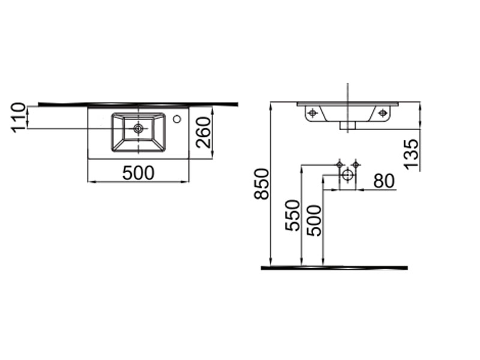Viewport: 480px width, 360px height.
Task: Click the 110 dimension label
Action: click(x=17, y=118)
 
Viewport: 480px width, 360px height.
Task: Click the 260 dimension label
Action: click(x=203, y=133)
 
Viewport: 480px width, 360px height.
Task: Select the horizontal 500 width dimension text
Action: click(x=139, y=173)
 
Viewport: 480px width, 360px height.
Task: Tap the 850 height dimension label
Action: click(x=262, y=184)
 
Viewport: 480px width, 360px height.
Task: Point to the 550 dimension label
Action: click(x=292, y=215)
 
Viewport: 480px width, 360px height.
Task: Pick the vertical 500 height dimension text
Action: click(x=314, y=220)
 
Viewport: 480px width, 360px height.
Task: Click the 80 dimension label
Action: click(x=384, y=181)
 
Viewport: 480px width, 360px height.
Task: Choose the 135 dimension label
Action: click(x=411, y=154)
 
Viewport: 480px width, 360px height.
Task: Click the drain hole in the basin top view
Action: click(x=139, y=128)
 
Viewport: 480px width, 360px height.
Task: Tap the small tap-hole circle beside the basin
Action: click(x=176, y=119)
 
